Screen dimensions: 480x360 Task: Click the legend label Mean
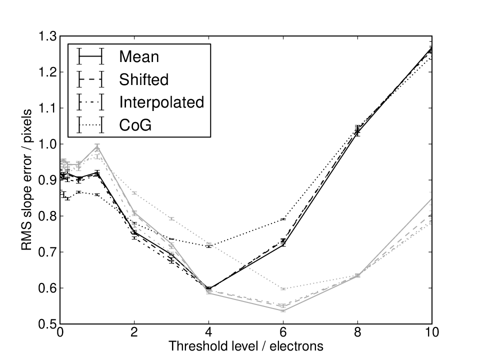click(139, 56)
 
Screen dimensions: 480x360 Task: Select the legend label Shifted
click(144, 79)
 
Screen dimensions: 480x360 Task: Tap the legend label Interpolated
click(161, 102)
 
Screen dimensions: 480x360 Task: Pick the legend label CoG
click(135, 125)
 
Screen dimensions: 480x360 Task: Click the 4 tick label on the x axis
click(208, 332)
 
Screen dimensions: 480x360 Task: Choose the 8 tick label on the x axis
click(357, 332)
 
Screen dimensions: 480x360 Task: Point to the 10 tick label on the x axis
click(431, 332)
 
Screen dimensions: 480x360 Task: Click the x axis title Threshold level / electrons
click(246, 346)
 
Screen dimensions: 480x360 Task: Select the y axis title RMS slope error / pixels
click(26, 180)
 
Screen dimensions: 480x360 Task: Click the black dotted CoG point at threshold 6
click(283, 219)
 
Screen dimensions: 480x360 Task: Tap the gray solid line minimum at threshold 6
click(283, 310)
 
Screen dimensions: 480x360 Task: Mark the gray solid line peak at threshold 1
click(97, 147)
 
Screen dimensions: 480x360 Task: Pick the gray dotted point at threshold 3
click(171, 218)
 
